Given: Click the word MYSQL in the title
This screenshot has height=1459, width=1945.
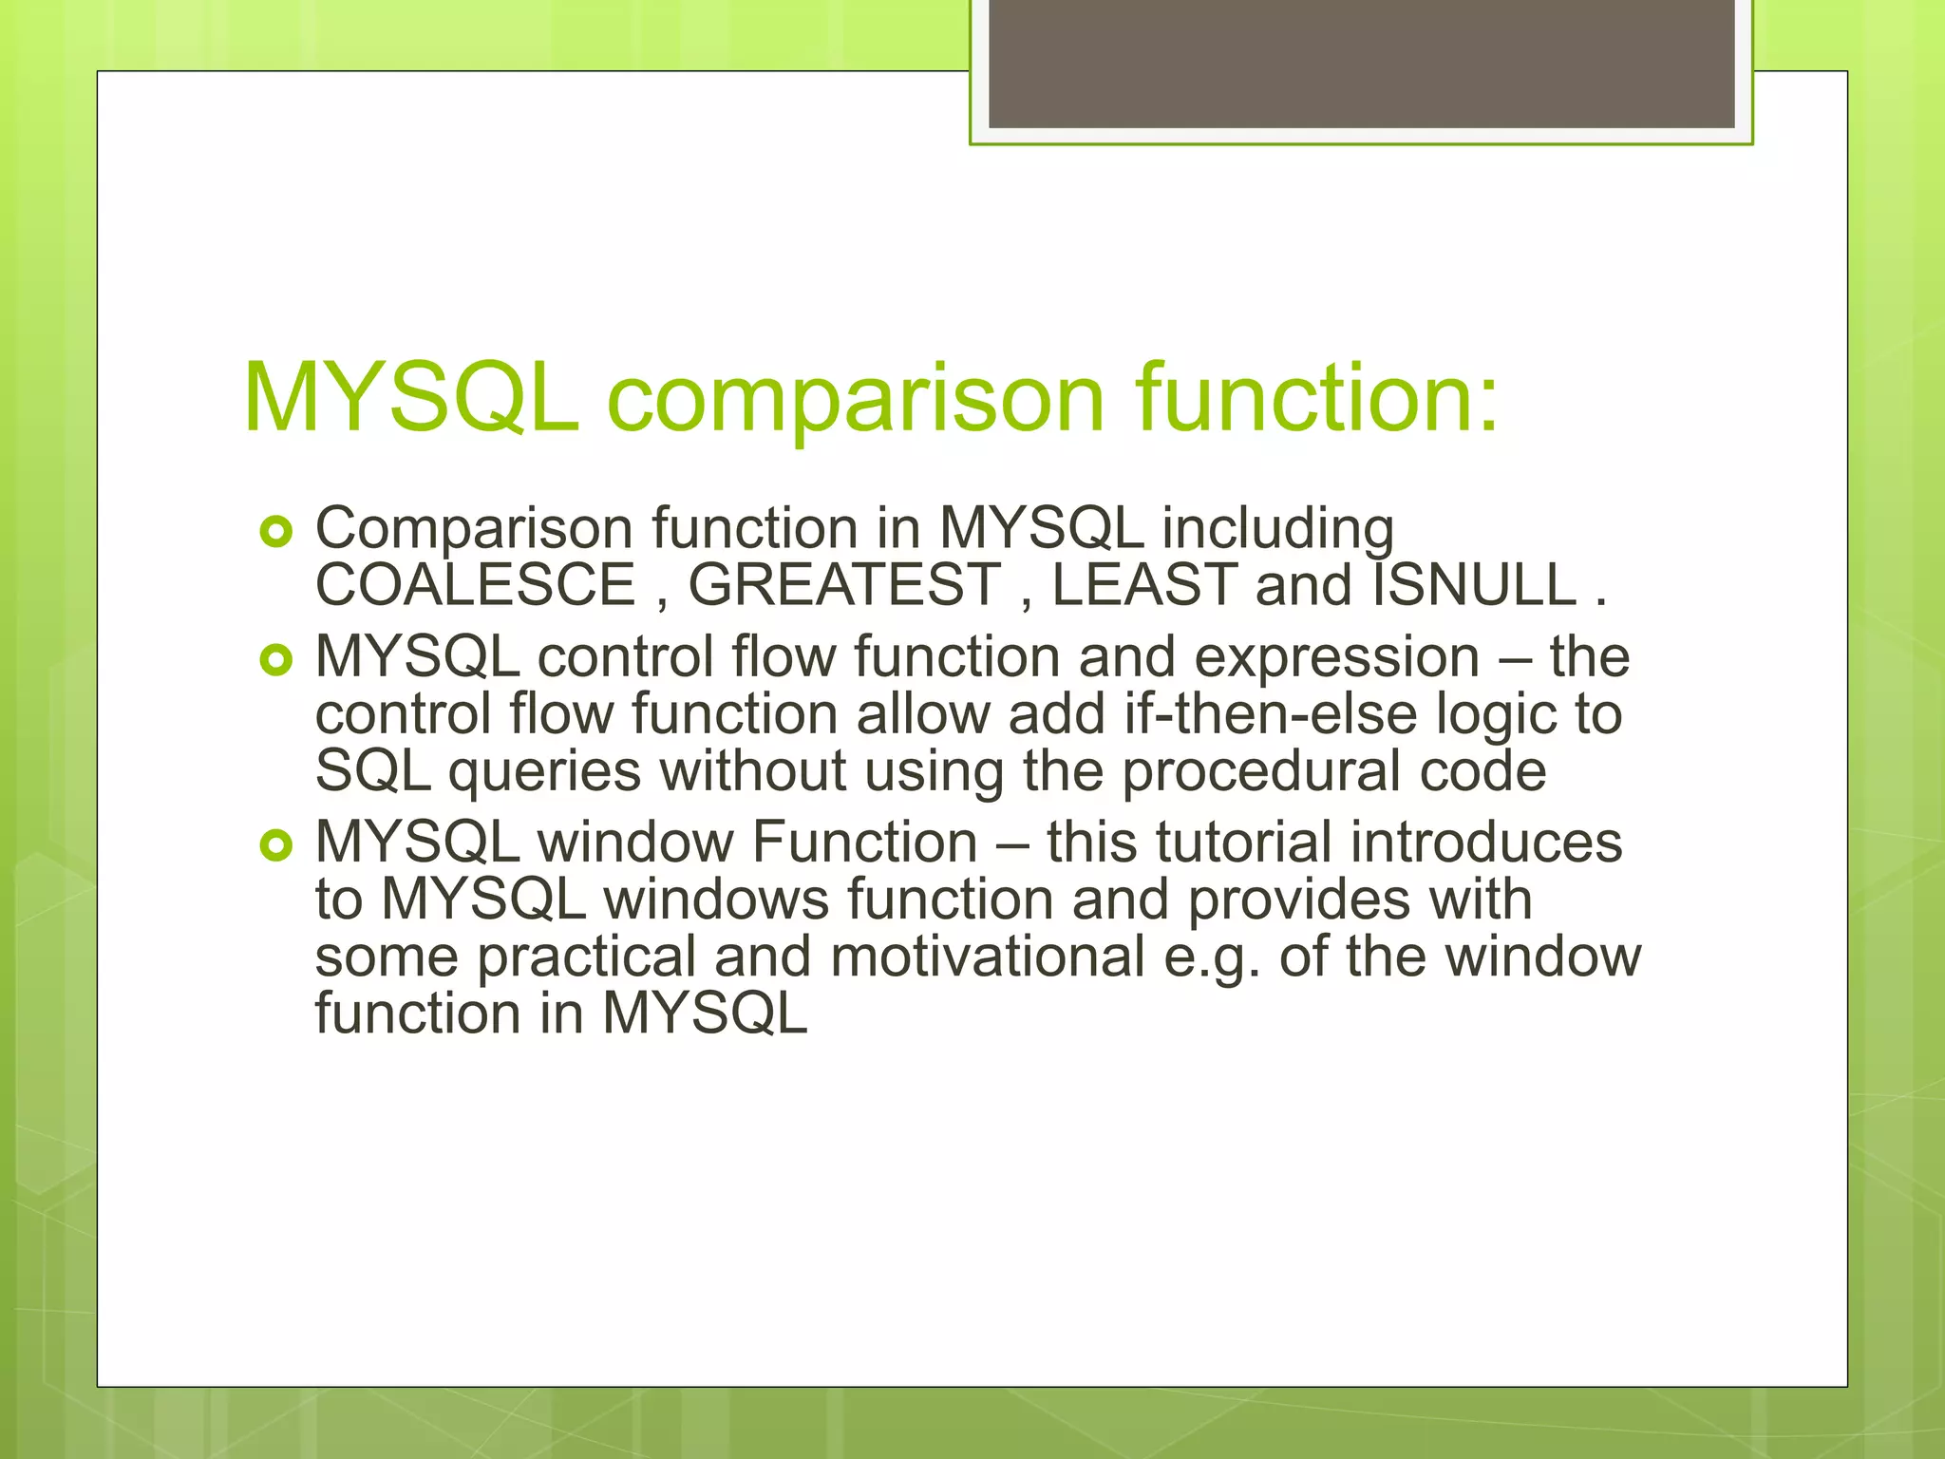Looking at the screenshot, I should point(410,399).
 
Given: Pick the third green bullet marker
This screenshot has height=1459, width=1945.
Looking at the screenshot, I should point(276,844).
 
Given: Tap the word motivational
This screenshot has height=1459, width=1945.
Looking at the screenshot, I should point(988,957).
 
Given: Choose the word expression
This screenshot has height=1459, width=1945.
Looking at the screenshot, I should point(1336,659).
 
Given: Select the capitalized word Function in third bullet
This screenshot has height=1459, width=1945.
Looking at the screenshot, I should point(864,843).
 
